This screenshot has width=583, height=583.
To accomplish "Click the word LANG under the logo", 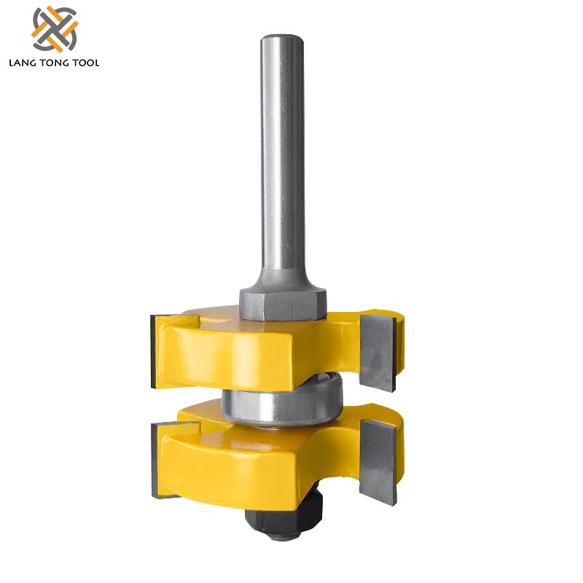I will pos(23,63).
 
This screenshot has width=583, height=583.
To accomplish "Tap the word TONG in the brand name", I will pos(56,63).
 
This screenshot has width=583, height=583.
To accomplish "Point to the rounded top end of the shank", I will pos(283,37).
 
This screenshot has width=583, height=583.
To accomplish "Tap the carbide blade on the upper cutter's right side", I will pos(378,346).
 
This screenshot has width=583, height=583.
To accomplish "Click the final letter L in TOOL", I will pos(97,63).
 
